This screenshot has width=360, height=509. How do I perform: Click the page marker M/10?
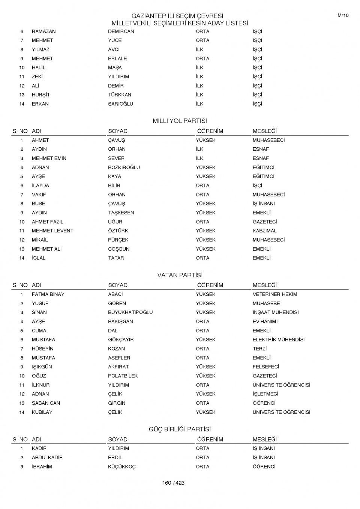pos(343,15)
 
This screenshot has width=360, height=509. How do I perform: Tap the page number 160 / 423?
pos(173,483)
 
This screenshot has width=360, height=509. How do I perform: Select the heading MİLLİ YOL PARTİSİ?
pos(180,121)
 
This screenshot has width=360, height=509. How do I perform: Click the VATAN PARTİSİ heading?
pos(180,275)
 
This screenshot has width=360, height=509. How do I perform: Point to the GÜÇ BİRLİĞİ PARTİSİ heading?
pos(180,429)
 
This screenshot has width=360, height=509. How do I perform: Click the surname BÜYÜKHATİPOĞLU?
pos(130,312)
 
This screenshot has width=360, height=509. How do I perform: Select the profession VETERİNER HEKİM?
pos(274,294)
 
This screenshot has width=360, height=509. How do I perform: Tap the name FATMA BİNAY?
pos(48,294)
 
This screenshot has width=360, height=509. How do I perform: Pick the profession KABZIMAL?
pos(264,231)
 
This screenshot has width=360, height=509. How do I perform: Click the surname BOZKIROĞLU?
pos(124,168)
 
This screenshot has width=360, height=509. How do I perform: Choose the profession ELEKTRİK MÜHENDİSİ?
pos(278,340)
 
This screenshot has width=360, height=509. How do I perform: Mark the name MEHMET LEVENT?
pos(52,231)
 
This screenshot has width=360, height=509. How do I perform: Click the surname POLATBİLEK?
pos(123,376)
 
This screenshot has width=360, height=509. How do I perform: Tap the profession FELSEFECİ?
pos(265,367)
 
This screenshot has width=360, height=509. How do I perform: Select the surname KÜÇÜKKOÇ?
pos(122,467)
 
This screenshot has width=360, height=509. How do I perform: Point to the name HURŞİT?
pos(41,95)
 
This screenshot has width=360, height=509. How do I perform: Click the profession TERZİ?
pos(259,349)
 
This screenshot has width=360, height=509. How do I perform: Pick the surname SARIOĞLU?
pos(120,104)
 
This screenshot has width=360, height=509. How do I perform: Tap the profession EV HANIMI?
pos(265,322)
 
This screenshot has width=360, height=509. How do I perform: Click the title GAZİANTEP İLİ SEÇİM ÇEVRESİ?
pos(177,16)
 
